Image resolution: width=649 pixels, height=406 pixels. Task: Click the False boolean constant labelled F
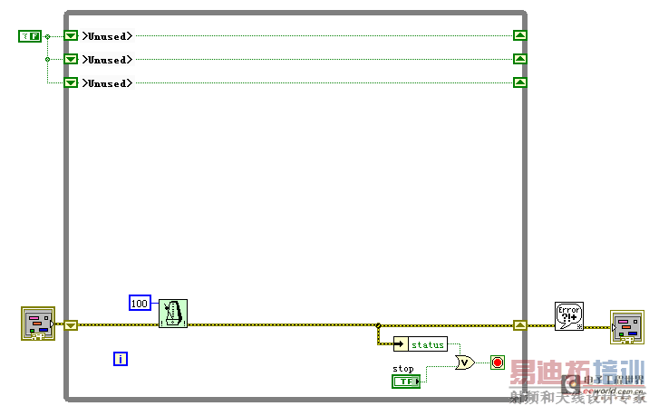point(30,36)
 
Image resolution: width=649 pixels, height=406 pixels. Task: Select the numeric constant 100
point(140,303)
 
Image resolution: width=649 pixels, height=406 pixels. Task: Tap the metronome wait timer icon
point(173,314)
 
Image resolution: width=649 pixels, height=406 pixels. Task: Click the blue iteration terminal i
point(121,359)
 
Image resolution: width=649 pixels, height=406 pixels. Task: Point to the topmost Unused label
point(107,36)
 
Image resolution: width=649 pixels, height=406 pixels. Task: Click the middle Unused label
point(107,60)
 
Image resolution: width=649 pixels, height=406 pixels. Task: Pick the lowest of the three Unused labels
point(107,83)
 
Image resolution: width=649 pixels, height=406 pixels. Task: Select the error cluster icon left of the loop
point(38,324)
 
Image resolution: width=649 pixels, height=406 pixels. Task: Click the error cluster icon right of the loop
point(626,327)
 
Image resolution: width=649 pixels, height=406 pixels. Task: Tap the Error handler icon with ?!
point(569,316)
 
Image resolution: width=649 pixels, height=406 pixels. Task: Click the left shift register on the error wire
point(71,324)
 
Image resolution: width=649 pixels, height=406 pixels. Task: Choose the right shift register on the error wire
point(519,324)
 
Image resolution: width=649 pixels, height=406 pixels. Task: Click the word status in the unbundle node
point(429,345)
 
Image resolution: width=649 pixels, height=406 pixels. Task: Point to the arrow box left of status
point(401,345)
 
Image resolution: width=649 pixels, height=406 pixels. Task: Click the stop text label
point(402,369)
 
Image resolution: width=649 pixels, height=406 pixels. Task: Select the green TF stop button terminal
point(405,382)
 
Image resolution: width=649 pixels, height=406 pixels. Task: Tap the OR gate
point(464,362)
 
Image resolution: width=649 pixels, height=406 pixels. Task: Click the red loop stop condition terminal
point(498,362)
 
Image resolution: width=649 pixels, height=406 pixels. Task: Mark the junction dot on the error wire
point(377,324)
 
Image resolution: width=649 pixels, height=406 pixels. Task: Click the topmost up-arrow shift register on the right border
point(519,36)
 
